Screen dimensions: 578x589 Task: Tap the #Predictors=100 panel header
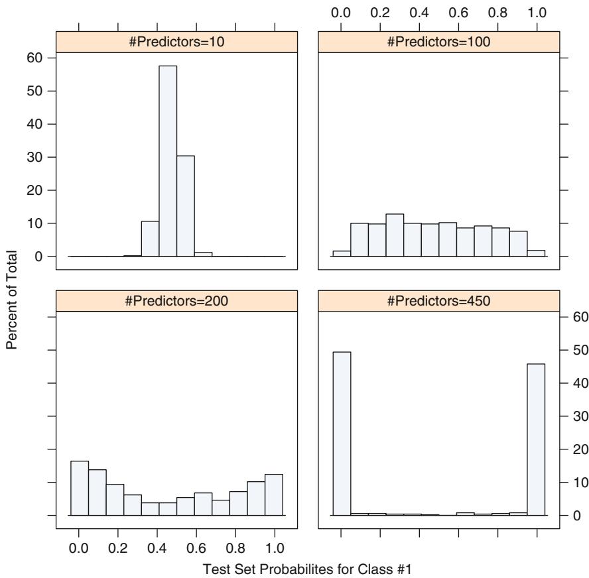[439, 41]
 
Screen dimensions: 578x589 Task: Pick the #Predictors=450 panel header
[439, 300]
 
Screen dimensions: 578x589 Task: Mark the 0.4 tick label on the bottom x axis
[157, 548]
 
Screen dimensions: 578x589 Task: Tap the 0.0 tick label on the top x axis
[341, 11]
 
